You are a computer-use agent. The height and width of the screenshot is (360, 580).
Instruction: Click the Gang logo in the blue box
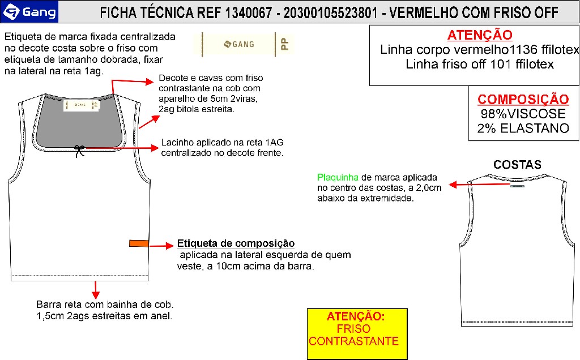(29, 12)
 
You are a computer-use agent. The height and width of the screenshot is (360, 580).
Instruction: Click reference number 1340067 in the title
(249, 13)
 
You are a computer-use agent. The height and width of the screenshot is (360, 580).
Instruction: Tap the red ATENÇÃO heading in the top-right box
(480, 35)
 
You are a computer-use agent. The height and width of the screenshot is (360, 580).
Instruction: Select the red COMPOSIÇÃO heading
(523, 99)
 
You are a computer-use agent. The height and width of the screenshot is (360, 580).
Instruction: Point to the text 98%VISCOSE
(523, 113)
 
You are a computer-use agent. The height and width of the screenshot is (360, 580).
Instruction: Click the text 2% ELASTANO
(523, 128)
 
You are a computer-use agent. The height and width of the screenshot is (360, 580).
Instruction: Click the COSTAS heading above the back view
(517, 165)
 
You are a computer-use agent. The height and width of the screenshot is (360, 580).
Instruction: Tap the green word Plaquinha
(338, 177)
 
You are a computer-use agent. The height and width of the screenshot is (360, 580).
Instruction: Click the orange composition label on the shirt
(139, 243)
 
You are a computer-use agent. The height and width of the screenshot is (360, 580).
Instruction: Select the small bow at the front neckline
(79, 151)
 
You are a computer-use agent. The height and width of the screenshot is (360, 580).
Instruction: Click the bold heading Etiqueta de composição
(236, 243)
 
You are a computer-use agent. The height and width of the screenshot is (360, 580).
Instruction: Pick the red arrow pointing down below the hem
(95, 290)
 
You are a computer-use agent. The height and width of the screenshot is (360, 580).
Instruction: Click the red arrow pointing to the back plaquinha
(479, 184)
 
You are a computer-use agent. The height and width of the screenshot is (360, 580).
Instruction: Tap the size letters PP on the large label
(284, 44)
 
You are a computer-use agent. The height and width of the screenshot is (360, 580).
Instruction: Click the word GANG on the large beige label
(243, 44)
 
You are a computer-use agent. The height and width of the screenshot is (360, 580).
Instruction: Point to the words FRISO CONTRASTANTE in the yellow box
(354, 335)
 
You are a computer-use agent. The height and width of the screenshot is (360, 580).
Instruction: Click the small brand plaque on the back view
(517, 186)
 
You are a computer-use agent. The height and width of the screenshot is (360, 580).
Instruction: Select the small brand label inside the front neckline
(82, 105)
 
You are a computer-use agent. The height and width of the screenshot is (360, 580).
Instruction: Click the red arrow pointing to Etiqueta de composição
(161, 246)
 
